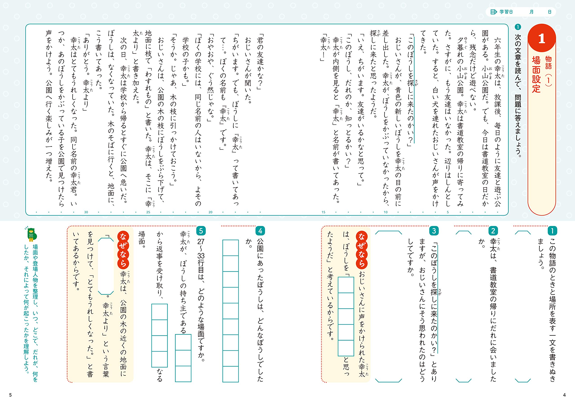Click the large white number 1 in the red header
(x=542, y=39)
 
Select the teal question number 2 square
(x=493, y=231)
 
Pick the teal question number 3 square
(x=434, y=231)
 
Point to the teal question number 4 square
(x=260, y=231)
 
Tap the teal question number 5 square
(x=201, y=231)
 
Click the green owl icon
(x=31, y=234)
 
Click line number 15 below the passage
(x=323, y=212)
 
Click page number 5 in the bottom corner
(x=10, y=395)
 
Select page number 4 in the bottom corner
(x=564, y=395)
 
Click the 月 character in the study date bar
(x=531, y=12)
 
